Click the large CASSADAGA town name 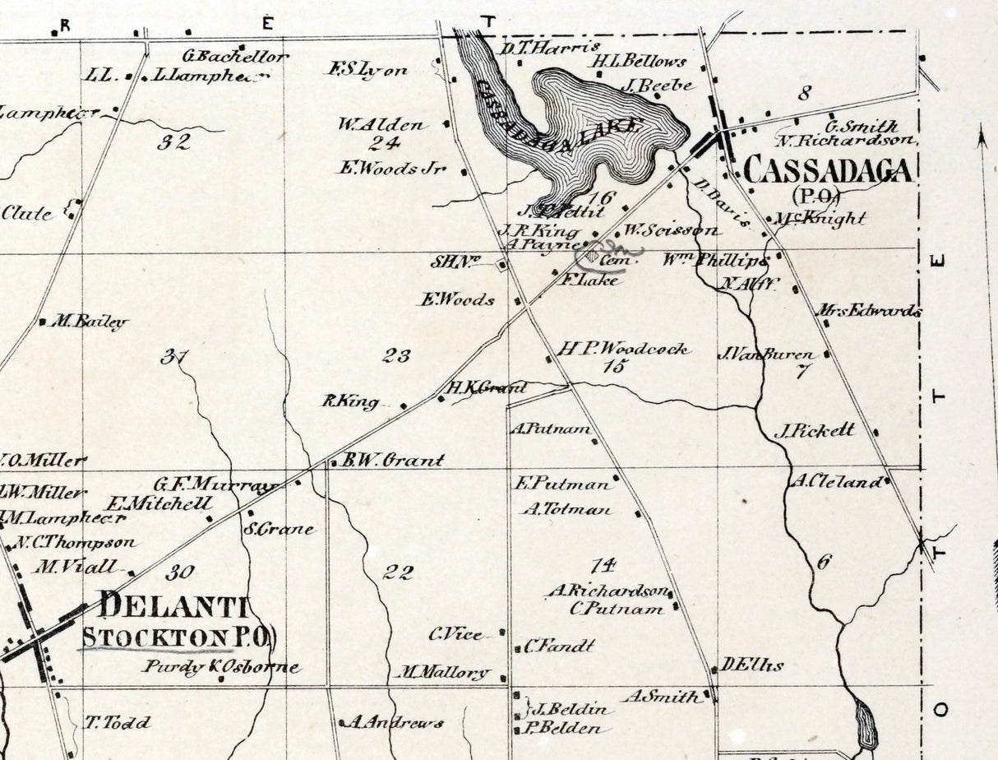[827, 170]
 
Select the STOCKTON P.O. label [178, 637]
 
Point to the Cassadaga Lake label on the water [559, 115]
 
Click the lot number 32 [174, 142]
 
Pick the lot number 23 [396, 356]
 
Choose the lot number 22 [397, 572]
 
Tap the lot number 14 [603, 565]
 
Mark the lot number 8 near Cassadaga [804, 92]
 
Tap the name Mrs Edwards [868, 311]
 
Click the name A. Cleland [837, 482]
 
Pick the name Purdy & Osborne [220, 667]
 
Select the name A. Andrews [394, 723]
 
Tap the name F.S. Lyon [368, 70]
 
